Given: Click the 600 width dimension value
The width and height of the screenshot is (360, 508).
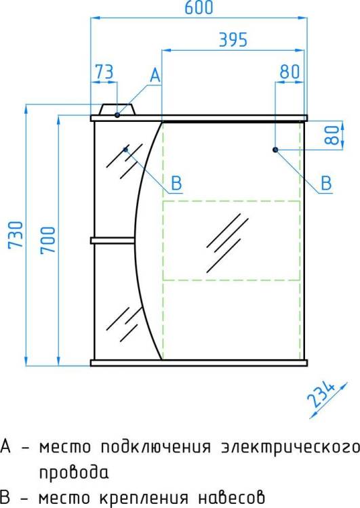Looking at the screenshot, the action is pos(199,7).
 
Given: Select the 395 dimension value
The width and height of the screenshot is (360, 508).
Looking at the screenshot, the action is pos(233,39).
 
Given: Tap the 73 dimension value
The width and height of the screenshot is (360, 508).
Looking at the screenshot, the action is pos(104,72).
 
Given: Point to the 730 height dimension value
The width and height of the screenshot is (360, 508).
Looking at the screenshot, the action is pos(16,235).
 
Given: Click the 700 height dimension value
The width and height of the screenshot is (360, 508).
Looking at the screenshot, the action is pos(47,240).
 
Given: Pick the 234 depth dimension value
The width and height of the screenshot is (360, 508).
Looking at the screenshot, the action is pos(321,395).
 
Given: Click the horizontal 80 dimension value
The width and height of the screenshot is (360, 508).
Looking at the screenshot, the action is pos(289,72).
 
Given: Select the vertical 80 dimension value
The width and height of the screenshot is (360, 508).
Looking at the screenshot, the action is pos(332,135).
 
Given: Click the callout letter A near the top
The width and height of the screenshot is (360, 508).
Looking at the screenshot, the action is pos(155,75).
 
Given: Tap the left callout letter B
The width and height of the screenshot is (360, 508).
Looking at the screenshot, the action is pos(176,184).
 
